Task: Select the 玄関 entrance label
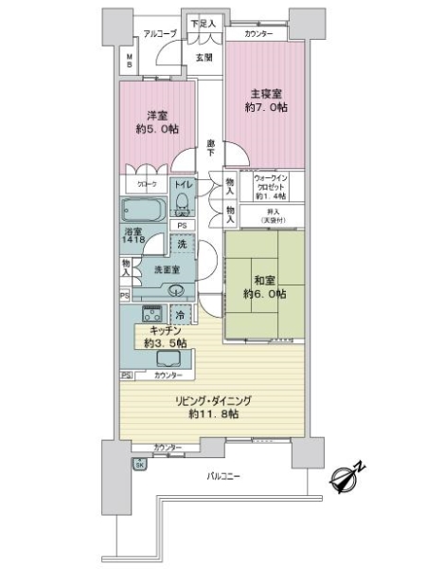coord(204,57)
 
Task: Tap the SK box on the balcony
coord(139,464)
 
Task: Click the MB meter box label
coord(130,63)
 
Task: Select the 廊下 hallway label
coord(210,148)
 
